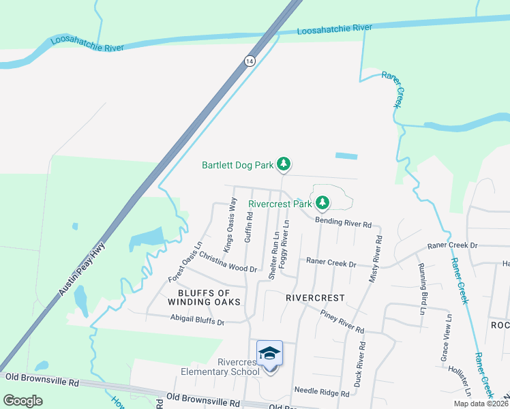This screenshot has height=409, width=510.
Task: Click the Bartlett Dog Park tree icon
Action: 284,164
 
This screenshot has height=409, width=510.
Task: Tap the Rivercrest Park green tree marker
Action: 322,202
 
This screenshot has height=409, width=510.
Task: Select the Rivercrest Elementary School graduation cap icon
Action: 270,353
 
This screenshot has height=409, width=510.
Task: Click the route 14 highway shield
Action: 250,61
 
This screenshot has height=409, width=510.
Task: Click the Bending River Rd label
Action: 343,223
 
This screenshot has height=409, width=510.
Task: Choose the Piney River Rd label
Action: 342,320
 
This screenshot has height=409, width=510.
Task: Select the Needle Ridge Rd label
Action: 322,391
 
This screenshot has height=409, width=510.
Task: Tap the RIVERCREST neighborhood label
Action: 315,298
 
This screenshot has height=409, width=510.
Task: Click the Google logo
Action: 23,401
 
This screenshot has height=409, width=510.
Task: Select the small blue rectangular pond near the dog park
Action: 346,156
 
